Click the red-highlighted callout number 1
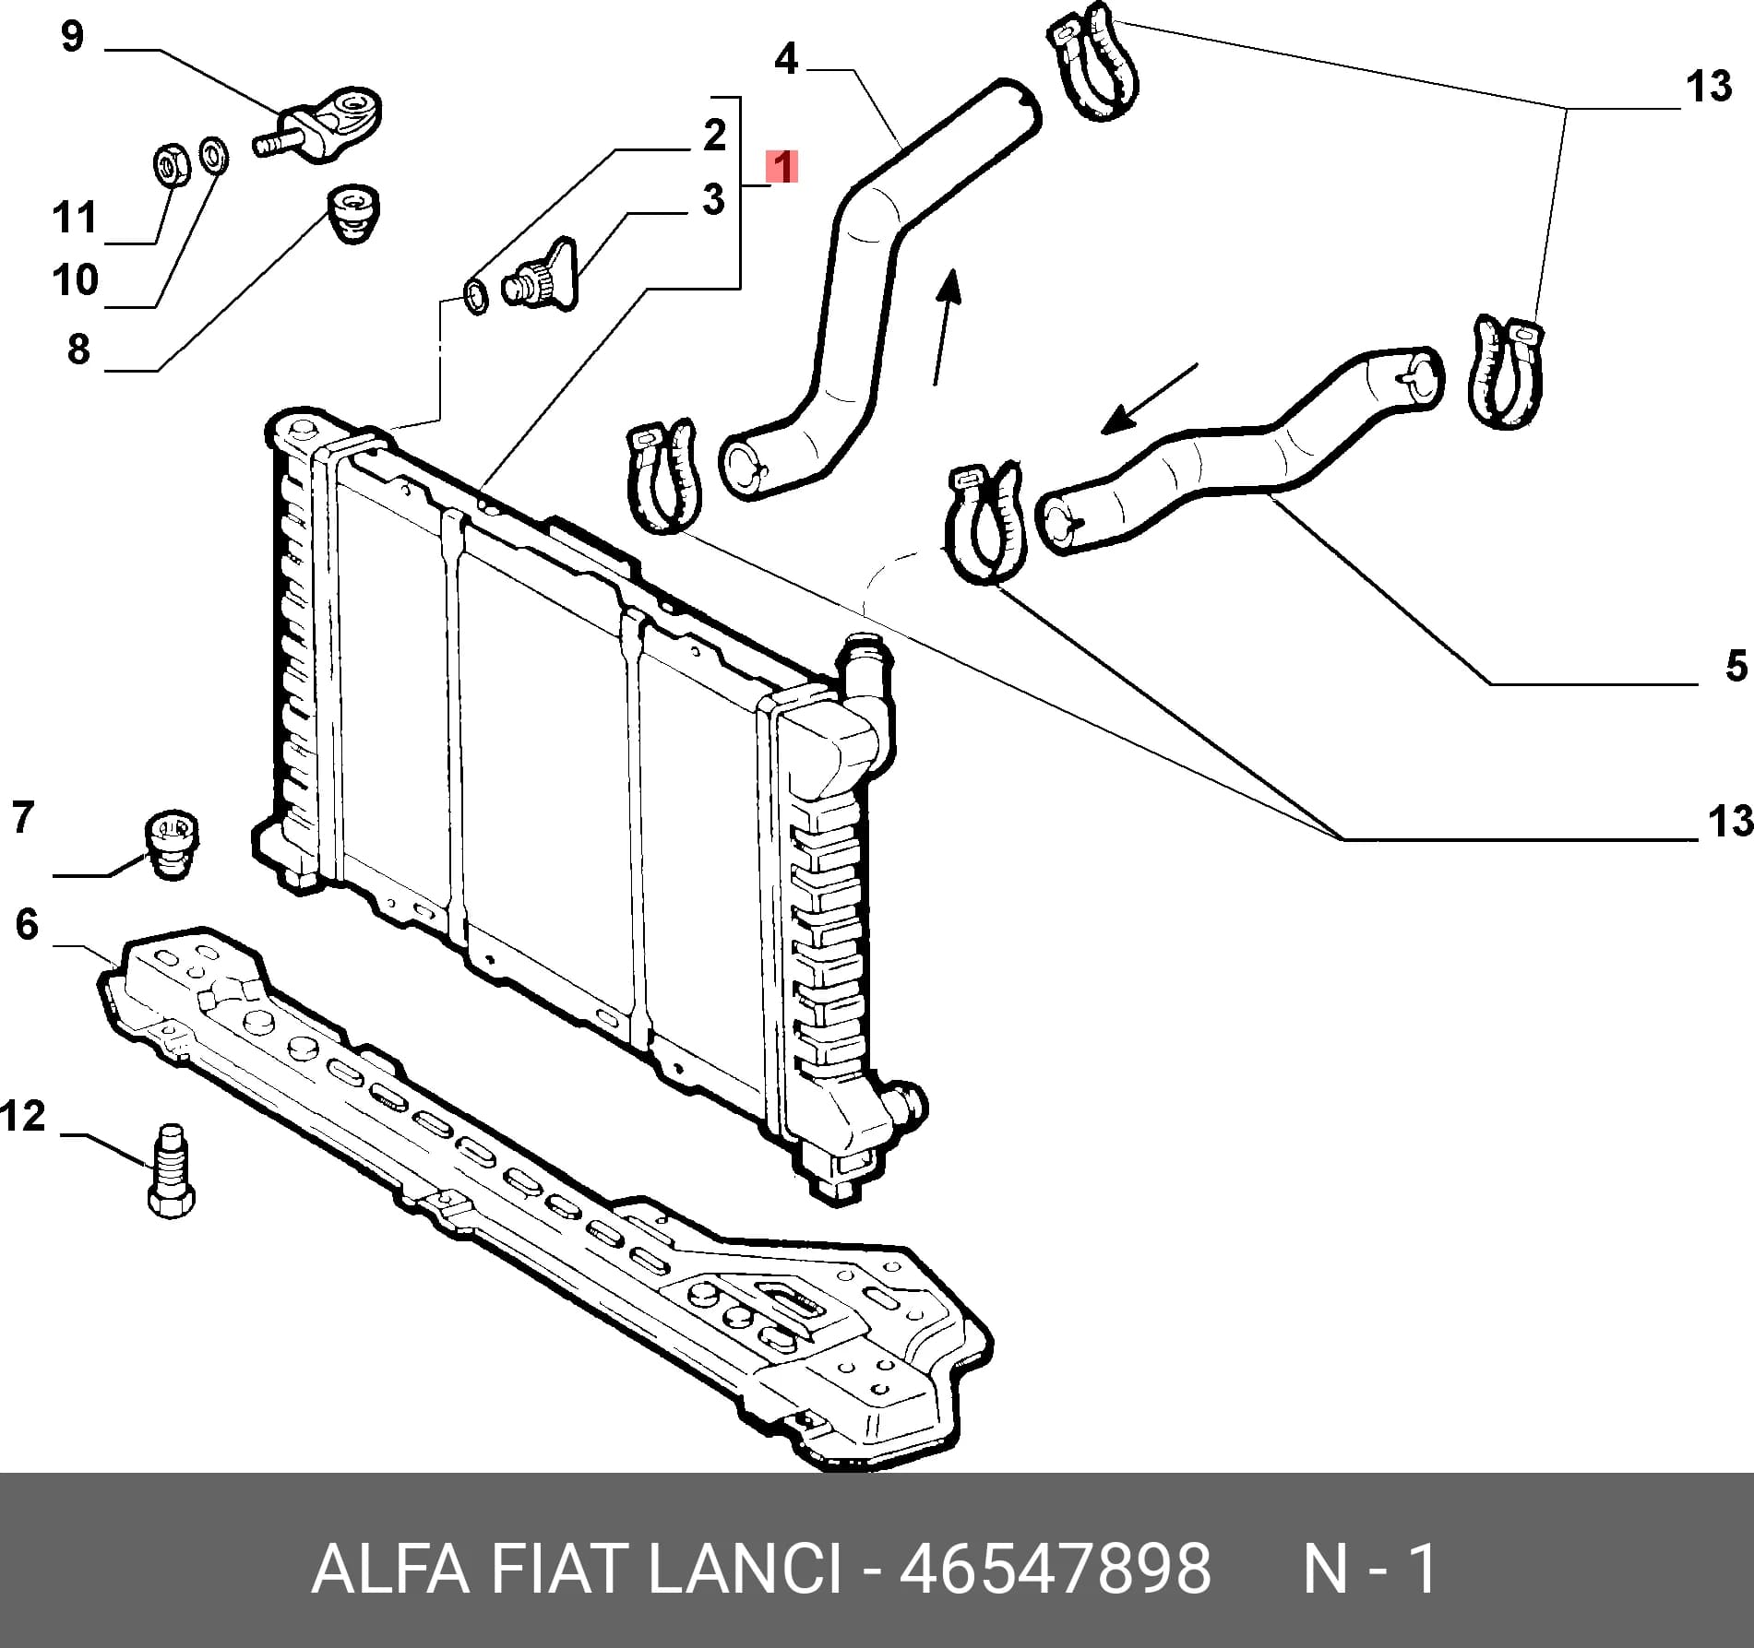782,168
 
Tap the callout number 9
72,37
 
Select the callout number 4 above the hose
785,59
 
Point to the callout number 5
1736,666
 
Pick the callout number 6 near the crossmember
27,924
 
